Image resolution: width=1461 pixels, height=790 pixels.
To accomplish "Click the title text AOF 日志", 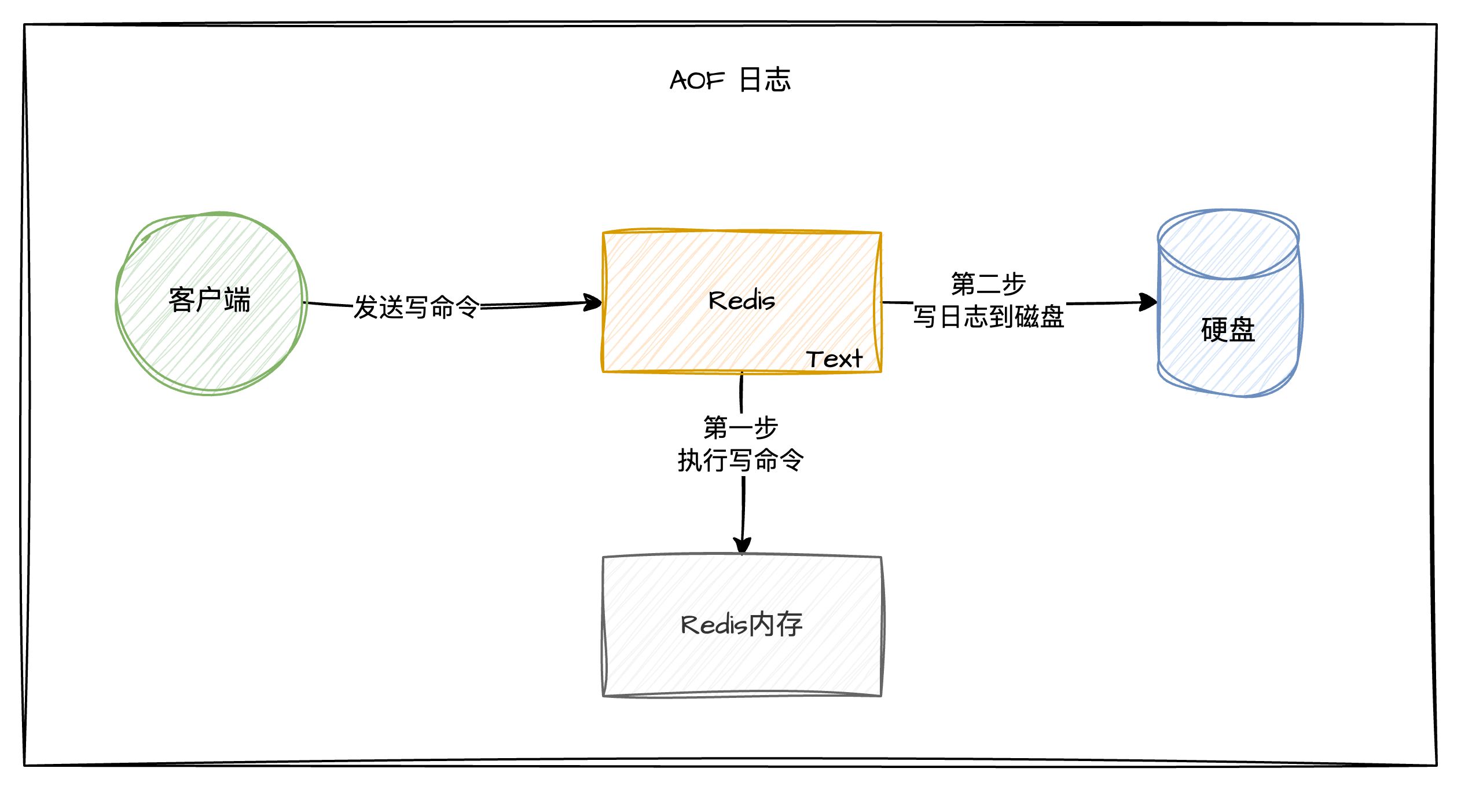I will [730, 80].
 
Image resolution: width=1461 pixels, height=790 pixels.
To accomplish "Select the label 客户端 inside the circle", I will [210, 300].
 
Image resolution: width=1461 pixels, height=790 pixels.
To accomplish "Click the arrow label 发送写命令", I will [417, 307].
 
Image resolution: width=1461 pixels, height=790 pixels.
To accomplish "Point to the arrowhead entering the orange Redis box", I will [595, 302].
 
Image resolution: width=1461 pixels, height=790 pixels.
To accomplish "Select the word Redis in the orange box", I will [741, 301].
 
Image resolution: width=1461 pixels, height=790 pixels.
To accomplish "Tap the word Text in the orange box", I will [834, 359].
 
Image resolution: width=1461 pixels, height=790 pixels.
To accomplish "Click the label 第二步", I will [988, 284].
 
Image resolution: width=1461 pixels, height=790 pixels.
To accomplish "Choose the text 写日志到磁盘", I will [989, 317].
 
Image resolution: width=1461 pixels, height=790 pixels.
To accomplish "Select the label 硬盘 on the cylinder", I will [1228, 330].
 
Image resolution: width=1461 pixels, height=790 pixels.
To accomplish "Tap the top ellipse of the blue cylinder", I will [1228, 243].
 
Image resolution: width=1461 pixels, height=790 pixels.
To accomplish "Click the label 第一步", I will [740, 427].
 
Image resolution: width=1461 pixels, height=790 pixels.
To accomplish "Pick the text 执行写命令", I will [741, 460].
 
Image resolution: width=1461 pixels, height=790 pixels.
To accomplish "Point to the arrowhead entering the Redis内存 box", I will [742, 547].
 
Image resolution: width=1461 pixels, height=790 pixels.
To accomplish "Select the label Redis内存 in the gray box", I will [741, 625].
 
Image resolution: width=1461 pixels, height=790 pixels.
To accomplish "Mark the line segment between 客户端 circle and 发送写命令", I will [329, 303].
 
